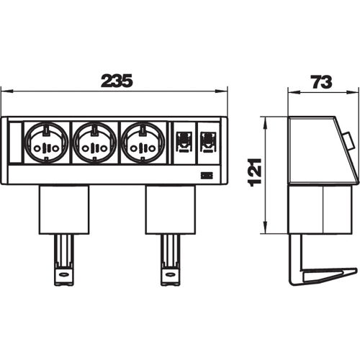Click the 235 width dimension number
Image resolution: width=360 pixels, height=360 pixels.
click(117, 80)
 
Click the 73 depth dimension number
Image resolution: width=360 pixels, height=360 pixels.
click(321, 82)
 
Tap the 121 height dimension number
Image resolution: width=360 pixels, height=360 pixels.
click(254, 173)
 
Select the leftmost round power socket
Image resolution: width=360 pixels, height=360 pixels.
click(46, 143)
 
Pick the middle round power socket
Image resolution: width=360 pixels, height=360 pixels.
click(94, 143)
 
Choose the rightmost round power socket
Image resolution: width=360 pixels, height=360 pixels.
click(143, 143)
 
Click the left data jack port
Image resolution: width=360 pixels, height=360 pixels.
click(184, 142)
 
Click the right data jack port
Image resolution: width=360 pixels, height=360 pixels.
click(209, 142)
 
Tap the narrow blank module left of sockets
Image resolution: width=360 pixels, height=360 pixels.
click(15, 143)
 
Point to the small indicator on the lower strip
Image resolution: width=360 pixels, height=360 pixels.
click(207, 176)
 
